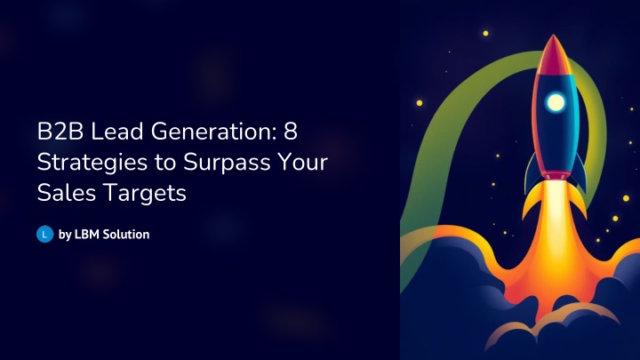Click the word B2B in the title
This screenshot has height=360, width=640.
click(x=60, y=132)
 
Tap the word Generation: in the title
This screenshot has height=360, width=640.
click(x=214, y=132)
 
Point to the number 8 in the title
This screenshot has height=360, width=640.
click(x=291, y=132)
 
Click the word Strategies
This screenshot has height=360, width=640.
click(x=92, y=163)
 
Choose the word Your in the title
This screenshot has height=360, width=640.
click(x=303, y=162)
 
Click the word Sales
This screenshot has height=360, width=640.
click(x=67, y=193)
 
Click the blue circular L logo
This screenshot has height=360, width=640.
click(x=45, y=235)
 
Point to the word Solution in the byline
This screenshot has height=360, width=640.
click(x=125, y=235)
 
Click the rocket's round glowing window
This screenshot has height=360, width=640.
click(x=556, y=101)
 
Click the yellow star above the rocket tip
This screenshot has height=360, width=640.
click(x=485, y=34)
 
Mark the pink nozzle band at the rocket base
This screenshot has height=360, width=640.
click(x=555, y=175)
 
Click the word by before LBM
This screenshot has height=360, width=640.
click(x=65, y=235)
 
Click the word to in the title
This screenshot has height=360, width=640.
click(x=165, y=163)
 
